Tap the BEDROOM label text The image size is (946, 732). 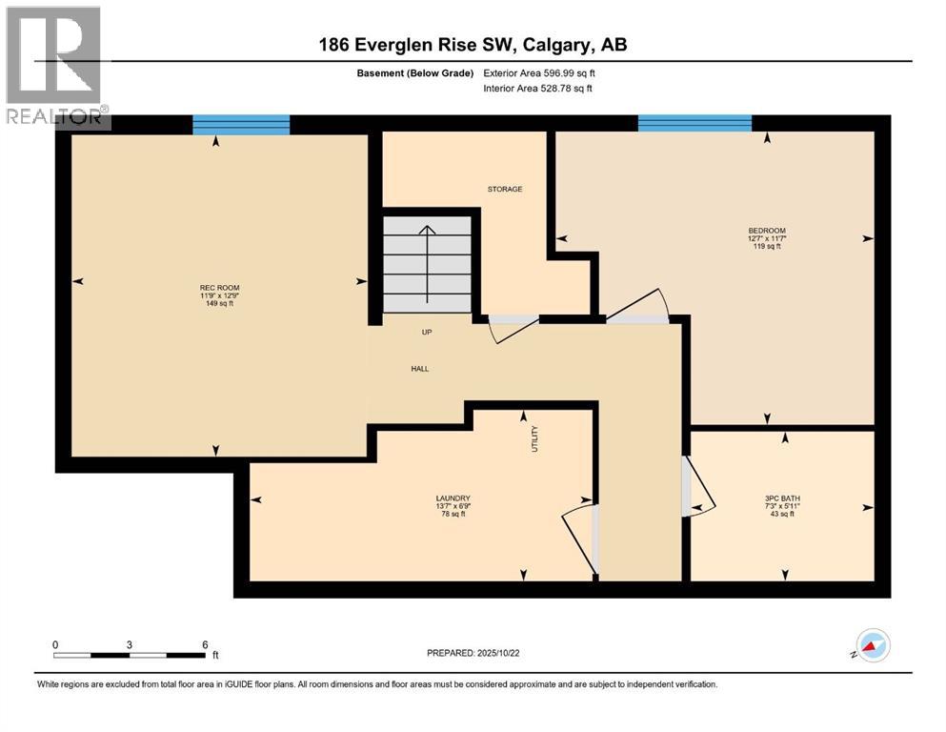pos(766,231)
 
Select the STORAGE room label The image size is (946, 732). pos(505,189)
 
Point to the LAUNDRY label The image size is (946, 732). pos(453,498)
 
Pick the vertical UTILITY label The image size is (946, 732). pos(534,438)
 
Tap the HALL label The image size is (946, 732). pos(419,368)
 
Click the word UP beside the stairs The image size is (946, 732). pos(427,333)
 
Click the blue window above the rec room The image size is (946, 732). pos(241,124)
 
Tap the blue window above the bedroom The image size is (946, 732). pos(694,123)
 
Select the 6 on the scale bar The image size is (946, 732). pos(204,643)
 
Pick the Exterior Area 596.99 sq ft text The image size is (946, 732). pos(539,72)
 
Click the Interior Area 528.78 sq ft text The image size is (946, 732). pos(538,89)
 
